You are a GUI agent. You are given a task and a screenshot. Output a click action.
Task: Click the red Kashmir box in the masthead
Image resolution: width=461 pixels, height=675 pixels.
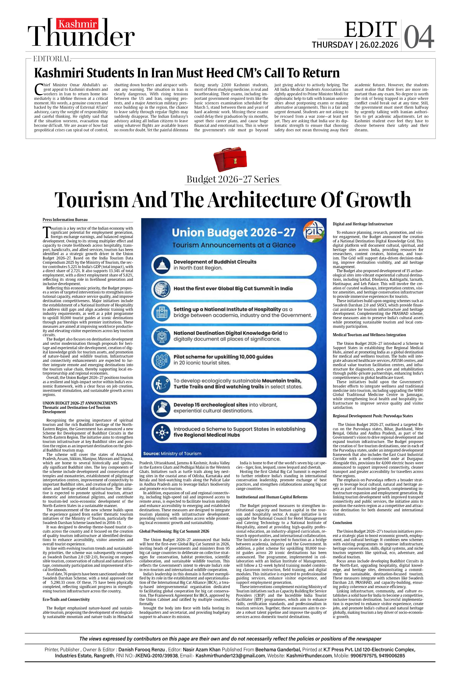coord(77,24)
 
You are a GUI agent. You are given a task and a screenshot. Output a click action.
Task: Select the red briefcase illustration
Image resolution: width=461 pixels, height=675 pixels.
coord(230,159)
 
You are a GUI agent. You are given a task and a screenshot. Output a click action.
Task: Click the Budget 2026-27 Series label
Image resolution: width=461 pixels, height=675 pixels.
coord(233,179)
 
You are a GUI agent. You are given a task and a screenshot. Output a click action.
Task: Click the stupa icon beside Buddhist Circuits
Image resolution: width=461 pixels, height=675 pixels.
coord(161,265)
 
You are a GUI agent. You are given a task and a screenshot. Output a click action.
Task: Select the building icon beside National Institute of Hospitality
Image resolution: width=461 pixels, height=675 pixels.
coord(161,312)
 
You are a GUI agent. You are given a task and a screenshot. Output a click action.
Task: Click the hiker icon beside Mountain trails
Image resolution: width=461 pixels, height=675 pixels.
coord(161,384)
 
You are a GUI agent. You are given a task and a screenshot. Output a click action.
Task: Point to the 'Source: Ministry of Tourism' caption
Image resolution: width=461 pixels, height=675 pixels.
coord(172,453)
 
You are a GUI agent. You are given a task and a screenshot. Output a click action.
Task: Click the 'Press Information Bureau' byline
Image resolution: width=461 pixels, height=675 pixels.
coord(65,220)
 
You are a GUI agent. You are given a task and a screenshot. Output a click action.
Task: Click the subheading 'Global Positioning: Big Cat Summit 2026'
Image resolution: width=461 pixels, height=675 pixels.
coord(174,531)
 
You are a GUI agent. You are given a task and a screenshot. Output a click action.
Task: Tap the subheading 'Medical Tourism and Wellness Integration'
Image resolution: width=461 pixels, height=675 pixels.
coord(369,335)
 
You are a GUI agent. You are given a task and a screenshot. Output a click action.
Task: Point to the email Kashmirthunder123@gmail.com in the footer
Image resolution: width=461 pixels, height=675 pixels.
coord(230,656)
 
